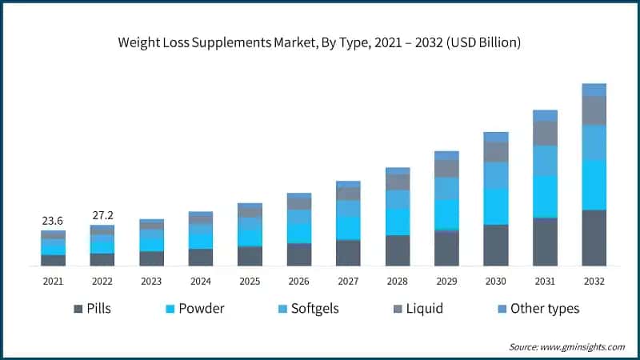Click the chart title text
pyautogui.click(x=320, y=42)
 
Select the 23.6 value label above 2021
pyautogui.click(x=53, y=221)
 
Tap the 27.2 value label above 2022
pyautogui.click(x=102, y=216)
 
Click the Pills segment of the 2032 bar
pyautogui.click(x=594, y=238)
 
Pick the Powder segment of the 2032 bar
pyautogui.click(x=594, y=185)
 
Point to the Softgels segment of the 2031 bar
pyautogui.click(x=545, y=161)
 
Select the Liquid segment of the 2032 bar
pyautogui.click(x=594, y=110)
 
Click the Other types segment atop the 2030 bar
pyautogui.click(x=496, y=137)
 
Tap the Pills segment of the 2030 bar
pyautogui.click(x=496, y=245)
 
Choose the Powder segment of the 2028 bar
pyautogui.click(x=398, y=221)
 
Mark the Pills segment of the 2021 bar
pyautogui.click(x=53, y=260)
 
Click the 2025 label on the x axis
pyautogui.click(x=250, y=282)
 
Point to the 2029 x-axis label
pyautogui.click(x=446, y=282)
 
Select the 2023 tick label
pyautogui.click(x=151, y=282)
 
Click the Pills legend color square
pyautogui.click(x=78, y=309)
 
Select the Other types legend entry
pyautogui.click(x=535, y=309)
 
